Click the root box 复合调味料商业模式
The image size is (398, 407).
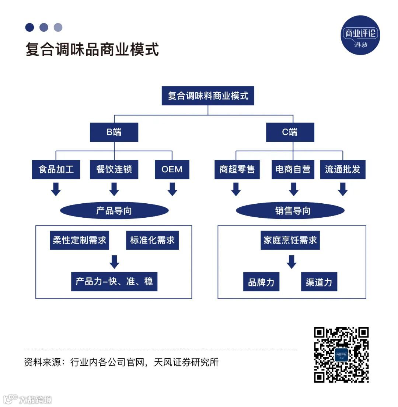pos(208,96)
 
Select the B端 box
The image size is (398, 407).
pos(114,132)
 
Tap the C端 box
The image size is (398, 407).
pos(290,132)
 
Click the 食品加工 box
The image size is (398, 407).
pos(56,169)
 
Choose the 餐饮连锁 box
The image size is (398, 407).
pos(114,169)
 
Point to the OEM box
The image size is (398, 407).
pos(172,169)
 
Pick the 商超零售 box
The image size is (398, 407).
pos(237,169)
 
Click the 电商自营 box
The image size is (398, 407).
pos(293,169)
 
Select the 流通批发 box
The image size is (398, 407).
pos(343,169)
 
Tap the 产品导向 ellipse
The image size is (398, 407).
pos(114,211)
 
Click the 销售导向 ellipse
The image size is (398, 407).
pos(290,211)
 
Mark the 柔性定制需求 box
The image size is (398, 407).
pos(79,240)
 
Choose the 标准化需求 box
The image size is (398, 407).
pos(152,240)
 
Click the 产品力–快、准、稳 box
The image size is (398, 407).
pos(114,282)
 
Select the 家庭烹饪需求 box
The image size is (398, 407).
pos(290,240)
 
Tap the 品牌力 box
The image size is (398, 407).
pos(261,282)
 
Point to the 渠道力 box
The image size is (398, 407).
pos(319,282)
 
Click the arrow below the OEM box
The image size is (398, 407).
pos(172,189)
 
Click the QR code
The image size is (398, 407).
pos(341,355)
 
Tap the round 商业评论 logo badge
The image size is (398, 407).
pos(360,35)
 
